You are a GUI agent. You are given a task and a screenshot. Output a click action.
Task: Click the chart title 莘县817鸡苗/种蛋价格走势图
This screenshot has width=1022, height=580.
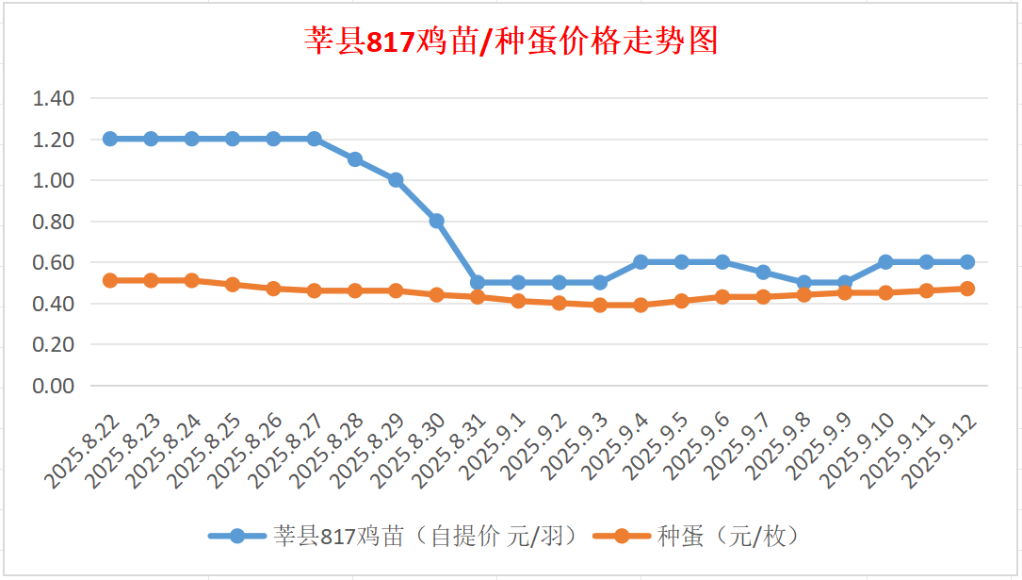[x=511, y=41]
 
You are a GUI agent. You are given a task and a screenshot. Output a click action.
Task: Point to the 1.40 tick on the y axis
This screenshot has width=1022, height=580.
[x=53, y=98]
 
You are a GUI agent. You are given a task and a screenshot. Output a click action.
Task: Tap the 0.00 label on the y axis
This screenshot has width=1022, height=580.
[x=53, y=386]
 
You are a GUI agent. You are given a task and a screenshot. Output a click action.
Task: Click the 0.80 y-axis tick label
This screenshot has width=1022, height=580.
[x=53, y=222]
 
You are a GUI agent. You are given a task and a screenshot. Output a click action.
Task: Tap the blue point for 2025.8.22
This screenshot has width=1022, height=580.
[x=110, y=139]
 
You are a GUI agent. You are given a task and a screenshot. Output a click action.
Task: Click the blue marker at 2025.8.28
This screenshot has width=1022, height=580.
[x=355, y=159]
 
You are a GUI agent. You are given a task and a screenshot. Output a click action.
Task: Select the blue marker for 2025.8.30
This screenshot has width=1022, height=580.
[x=437, y=221]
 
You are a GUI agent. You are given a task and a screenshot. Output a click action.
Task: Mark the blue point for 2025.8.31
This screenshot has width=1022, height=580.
[x=478, y=282]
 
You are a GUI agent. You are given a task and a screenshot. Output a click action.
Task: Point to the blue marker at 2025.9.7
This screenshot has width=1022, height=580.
[x=764, y=273]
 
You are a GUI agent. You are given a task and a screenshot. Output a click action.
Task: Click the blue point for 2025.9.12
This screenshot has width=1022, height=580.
[x=967, y=262]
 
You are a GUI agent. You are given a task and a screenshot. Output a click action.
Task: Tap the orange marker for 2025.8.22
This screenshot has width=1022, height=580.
[x=110, y=280]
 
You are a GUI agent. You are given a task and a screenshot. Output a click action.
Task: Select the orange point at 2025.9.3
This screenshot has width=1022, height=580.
[x=600, y=305]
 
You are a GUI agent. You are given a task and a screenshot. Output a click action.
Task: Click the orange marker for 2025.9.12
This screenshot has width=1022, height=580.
[x=967, y=289]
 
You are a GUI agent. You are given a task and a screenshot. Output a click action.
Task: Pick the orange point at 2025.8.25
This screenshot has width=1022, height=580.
[x=233, y=284]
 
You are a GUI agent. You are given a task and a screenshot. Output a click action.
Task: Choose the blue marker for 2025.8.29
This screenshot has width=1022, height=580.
[x=396, y=180]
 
